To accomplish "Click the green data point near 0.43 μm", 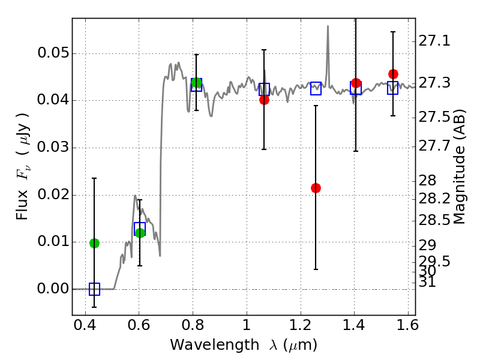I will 94,243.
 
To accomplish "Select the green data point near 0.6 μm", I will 140,233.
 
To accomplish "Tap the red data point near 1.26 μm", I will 316,188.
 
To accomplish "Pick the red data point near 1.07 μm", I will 264,100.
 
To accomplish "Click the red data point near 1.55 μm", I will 393,74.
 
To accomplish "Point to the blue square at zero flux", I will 94,289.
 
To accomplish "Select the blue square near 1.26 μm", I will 316,88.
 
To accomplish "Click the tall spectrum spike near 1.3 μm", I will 328,27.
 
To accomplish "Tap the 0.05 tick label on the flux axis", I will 52,53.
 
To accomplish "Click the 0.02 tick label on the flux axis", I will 52,195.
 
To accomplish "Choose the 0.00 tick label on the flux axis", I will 52,289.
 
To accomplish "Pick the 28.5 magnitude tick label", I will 434,221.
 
